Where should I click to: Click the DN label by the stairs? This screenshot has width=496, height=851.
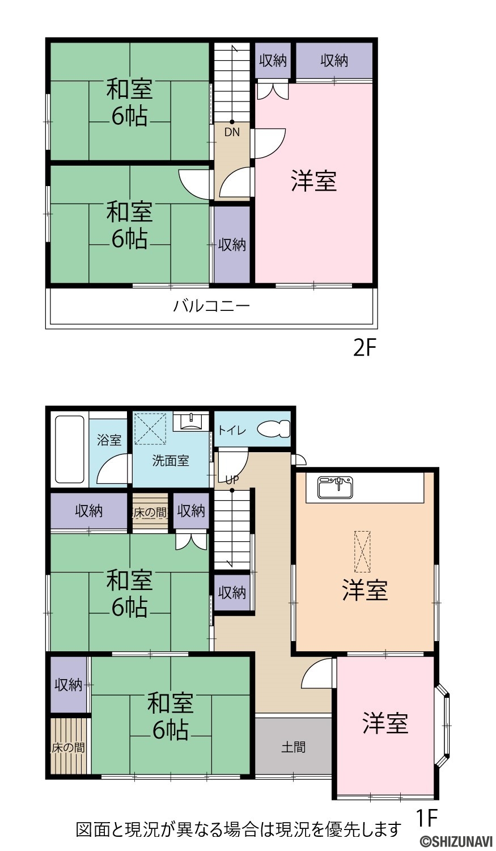click(x=232, y=133)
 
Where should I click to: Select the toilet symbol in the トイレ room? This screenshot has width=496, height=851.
click(x=274, y=429)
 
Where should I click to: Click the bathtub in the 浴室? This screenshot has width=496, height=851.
click(x=70, y=450)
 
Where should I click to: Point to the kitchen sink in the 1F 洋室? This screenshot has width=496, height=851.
click(x=336, y=487)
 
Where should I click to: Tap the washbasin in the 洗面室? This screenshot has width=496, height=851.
click(x=191, y=422)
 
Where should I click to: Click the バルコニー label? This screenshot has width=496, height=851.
click(x=211, y=306)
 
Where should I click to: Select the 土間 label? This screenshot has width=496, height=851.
click(x=294, y=747)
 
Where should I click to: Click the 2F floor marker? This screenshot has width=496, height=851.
click(x=364, y=349)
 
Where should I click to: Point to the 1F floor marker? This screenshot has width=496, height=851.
click(x=426, y=818)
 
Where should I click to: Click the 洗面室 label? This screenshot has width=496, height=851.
click(x=171, y=461)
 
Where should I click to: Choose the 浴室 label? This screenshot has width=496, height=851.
click(x=109, y=440)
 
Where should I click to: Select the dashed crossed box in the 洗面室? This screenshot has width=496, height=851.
click(x=151, y=428)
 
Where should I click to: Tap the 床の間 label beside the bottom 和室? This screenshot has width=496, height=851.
click(x=69, y=748)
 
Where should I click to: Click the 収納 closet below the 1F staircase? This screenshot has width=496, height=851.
click(x=232, y=592)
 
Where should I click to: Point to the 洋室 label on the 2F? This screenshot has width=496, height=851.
click(x=314, y=181)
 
